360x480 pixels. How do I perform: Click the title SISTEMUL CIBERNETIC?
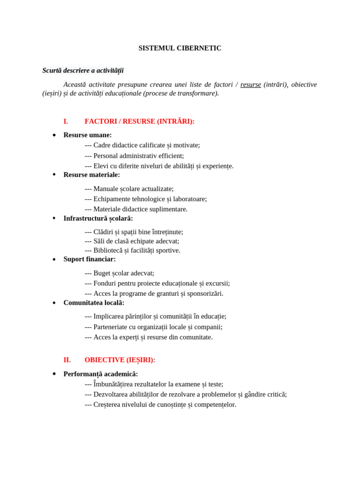coord(180,48)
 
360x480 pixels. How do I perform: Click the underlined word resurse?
coord(250,84)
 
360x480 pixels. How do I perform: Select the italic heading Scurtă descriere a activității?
coord(83,70)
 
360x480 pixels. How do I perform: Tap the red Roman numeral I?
coord(66,121)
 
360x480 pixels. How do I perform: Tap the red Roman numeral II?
coord(67,360)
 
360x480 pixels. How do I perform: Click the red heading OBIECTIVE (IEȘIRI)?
coord(120,360)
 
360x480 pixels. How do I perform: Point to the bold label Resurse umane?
coord(88,135)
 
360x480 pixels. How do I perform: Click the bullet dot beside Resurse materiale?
coord(54,174)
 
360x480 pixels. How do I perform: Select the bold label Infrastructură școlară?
coord(98,218)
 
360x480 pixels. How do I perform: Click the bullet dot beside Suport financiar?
coord(54,259)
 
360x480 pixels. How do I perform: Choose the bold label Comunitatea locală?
coord(94,303)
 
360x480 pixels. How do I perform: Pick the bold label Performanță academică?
coord(100,374)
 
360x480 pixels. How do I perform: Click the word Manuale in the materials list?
coord(105,188)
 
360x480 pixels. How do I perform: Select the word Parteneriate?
coord(113,327)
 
